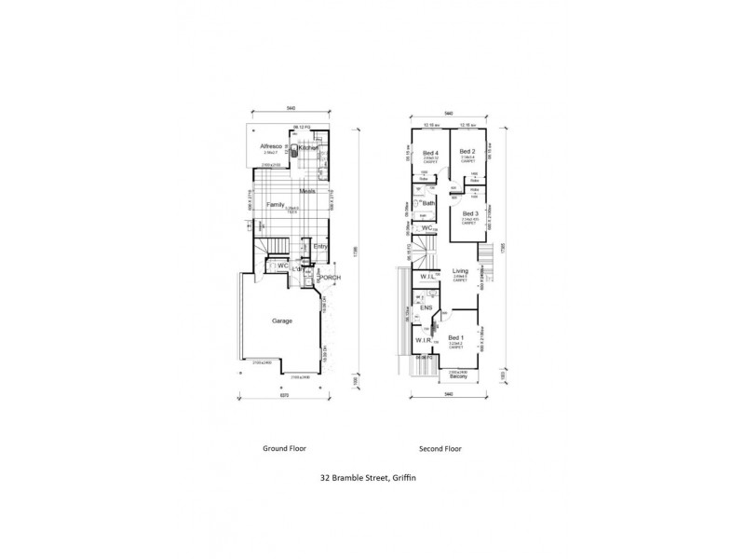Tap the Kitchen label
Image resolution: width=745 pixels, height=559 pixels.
(310, 147)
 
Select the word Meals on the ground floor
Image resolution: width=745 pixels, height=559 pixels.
(307, 191)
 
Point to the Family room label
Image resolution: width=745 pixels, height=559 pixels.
(275, 204)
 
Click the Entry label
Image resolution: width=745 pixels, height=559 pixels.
(319, 246)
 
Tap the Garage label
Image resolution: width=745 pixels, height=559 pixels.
(282, 320)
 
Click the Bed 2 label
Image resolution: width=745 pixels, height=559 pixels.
(467, 152)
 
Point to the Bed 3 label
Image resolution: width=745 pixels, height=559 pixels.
(469, 213)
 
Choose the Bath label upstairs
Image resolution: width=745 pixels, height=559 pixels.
(429, 203)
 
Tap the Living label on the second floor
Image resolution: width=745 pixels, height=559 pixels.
(460, 271)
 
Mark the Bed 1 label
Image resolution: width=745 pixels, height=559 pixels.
(455, 337)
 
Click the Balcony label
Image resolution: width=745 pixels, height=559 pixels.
(457, 376)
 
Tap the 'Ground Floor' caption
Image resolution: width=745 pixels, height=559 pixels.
(284, 448)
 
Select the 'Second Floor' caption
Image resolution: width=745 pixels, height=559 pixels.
(441, 448)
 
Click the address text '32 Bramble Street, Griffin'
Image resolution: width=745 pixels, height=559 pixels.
(368, 478)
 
